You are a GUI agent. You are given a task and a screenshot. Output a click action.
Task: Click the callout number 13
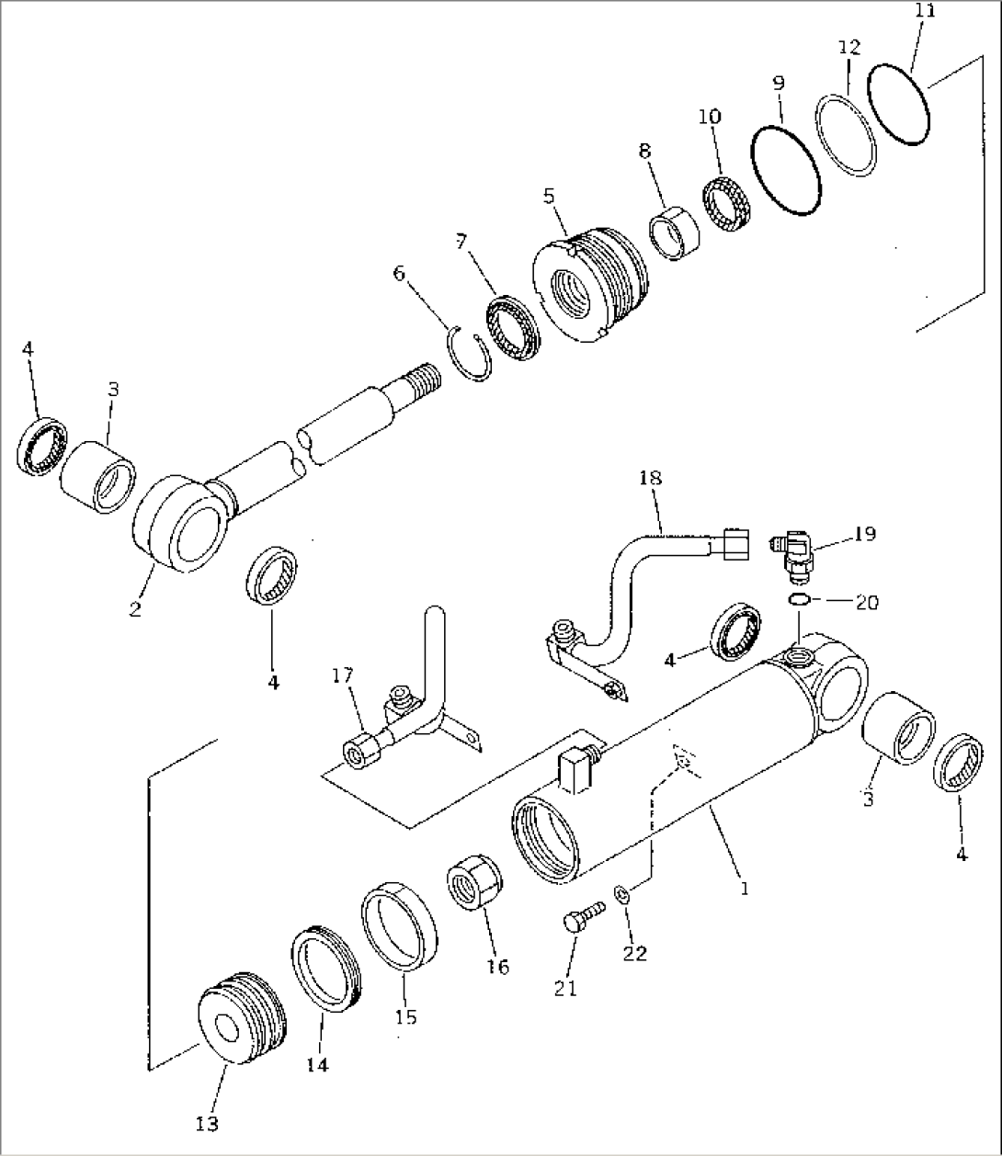tap(208, 1123)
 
